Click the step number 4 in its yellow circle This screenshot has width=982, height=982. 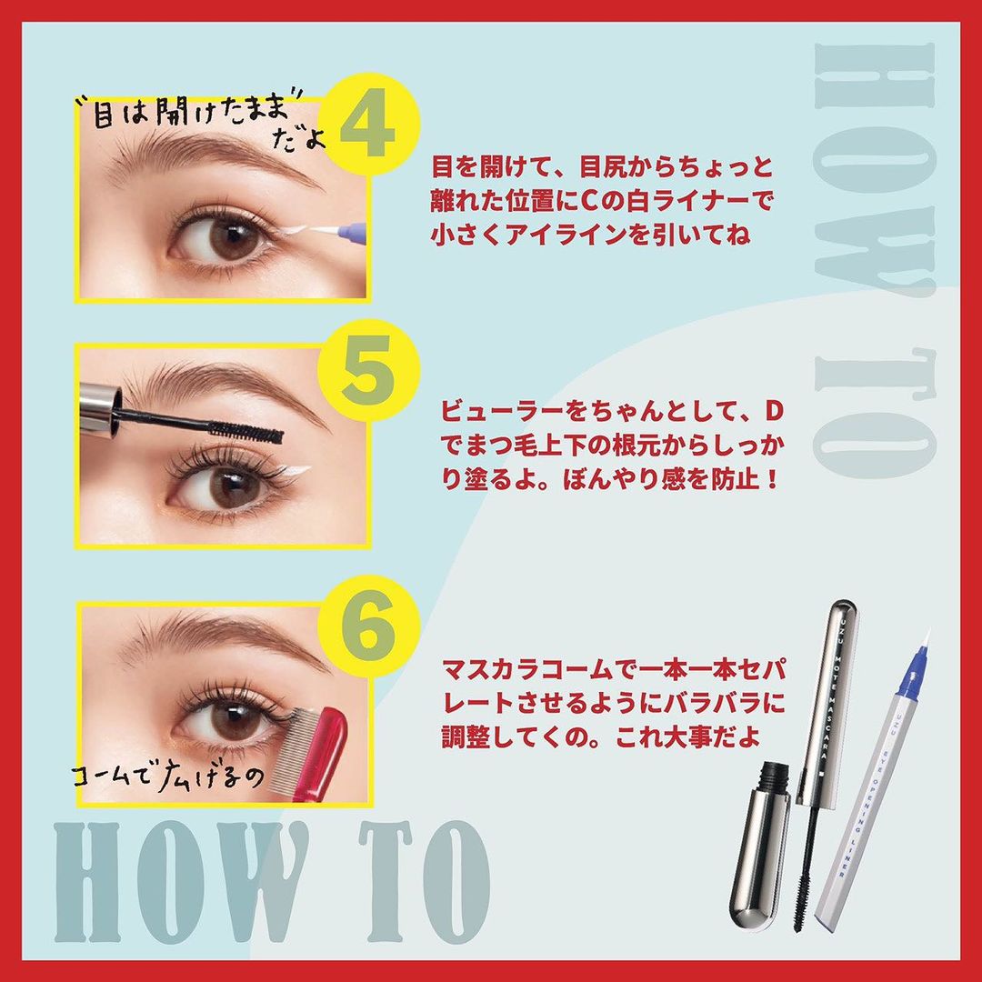(367, 130)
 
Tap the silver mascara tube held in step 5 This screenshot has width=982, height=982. (100, 407)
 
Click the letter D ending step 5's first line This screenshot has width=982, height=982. (774, 412)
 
